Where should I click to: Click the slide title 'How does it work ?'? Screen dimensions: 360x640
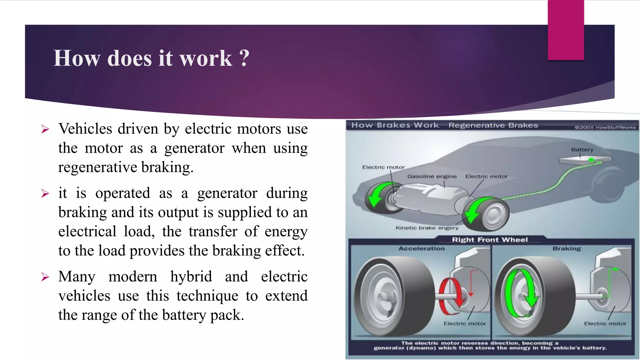click(151, 58)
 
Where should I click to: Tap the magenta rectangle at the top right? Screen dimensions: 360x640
click(566, 30)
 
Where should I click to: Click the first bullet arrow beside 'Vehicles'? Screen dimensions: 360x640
click(45, 129)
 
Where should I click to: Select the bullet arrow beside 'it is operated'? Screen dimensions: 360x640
click(45, 194)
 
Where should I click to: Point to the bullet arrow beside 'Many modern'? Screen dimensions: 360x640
click(45, 277)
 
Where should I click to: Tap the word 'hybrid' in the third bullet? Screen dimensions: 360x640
click(191, 277)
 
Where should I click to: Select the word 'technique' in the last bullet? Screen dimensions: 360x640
click(207, 296)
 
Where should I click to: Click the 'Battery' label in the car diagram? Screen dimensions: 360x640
click(582, 150)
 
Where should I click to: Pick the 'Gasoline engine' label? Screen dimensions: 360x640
click(432, 177)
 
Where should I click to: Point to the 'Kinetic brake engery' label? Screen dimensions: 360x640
click(427, 228)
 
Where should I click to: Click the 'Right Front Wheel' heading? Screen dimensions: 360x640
click(490, 240)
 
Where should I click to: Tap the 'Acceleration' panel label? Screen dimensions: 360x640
click(421, 249)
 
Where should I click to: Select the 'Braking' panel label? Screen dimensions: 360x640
click(567, 249)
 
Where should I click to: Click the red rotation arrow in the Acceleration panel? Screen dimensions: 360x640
click(452, 295)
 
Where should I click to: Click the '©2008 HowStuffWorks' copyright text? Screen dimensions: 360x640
click(605, 127)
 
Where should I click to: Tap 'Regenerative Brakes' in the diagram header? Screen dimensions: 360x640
click(493, 125)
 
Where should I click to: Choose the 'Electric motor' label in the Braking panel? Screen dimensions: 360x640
click(605, 324)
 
